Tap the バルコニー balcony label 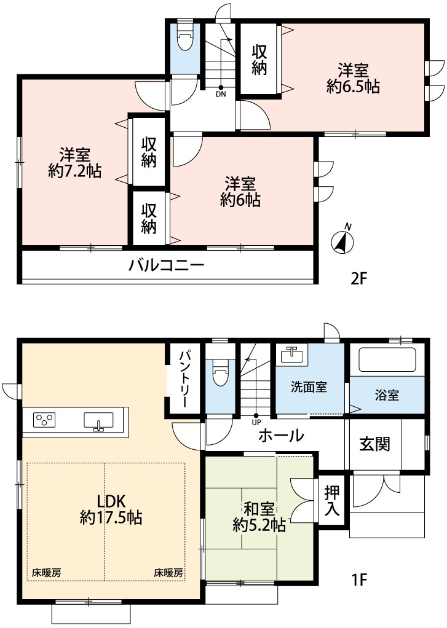click(x=166, y=266)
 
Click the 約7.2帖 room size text click(x=75, y=171)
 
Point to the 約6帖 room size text click(x=240, y=200)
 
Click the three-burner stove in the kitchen click(x=43, y=420)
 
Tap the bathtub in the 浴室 click(x=387, y=359)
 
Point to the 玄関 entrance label click(x=375, y=444)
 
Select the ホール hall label click(x=281, y=436)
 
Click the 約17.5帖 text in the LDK click(x=111, y=517)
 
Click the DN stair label click(x=221, y=95)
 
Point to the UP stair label click(x=256, y=422)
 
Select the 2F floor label click(x=358, y=278)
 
